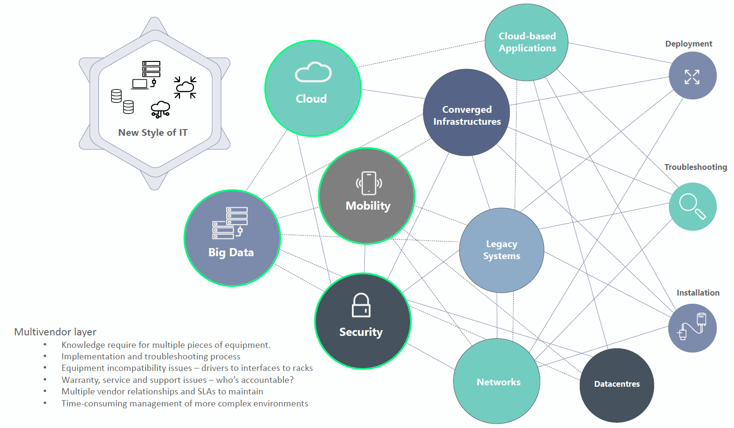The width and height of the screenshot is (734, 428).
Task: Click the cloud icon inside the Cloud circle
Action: click(x=313, y=72)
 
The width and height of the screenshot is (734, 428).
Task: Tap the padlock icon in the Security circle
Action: click(x=361, y=306)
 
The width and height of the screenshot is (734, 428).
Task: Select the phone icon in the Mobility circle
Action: click(x=369, y=183)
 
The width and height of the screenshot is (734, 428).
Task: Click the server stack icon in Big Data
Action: click(x=230, y=223)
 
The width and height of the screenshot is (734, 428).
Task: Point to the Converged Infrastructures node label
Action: click(x=467, y=116)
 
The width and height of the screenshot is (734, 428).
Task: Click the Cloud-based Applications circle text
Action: click(x=527, y=42)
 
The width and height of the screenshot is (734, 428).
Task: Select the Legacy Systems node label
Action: click(x=502, y=250)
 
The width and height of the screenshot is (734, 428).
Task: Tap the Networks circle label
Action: click(x=498, y=382)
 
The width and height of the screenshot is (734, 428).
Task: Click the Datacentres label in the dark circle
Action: click(x=617, y=384)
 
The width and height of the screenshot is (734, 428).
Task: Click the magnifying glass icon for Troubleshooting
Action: click(x=692, y=206)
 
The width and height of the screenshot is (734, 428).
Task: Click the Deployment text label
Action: click(x=688, y=44)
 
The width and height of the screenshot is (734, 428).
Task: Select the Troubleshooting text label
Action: click(x=695, y=167)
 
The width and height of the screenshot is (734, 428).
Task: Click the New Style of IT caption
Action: click(x=153, y=132)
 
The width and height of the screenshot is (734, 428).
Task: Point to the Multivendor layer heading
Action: click(x=55, y=332)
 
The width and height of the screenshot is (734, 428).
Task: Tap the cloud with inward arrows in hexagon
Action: click(x=185, y=87)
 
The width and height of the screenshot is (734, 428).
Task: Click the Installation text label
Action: click(x=698, y=293)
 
